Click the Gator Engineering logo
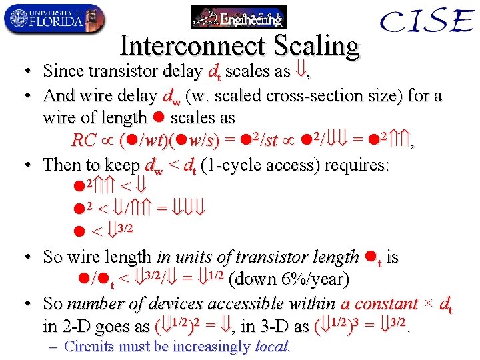(238, 17)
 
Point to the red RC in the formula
(84, 141)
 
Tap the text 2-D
(77, 327)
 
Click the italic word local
(271, 347)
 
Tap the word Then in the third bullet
(61, 165)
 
